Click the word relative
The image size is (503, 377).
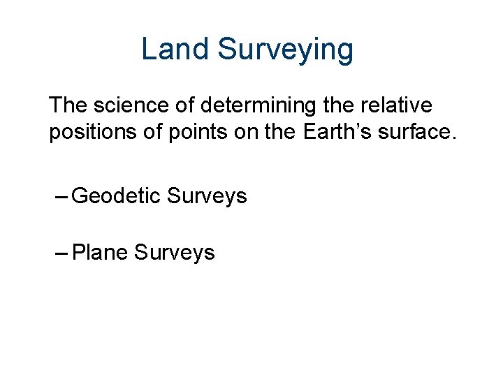click(x=400, y=106)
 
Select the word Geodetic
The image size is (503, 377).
click(x=116, y=197)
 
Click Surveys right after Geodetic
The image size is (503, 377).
click(x=207, y=197)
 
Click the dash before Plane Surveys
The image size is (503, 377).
click(x=61, y=252)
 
